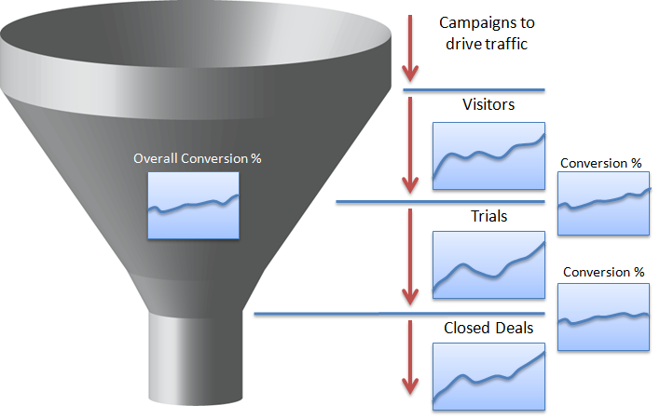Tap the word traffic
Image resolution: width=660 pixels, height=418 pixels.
[x=506, y=44]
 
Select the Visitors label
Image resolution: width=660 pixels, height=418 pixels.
[x=488, y=104]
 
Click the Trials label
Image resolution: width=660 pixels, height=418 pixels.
[x=488, y=216]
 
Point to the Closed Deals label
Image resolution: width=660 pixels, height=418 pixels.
[x=488, y=328]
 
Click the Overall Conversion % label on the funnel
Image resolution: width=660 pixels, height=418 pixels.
[x=198, y=158]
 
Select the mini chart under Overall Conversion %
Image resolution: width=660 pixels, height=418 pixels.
[x=194, y=206]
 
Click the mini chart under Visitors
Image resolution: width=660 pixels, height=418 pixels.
[x=488, y=156]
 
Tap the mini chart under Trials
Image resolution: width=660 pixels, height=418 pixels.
[x=488, y=265]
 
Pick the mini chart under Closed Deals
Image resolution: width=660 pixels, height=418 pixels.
[x=488, y=376]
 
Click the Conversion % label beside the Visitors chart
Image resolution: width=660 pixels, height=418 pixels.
[x=600, y=163]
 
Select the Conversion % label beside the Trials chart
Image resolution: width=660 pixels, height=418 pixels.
[x=603, y=272]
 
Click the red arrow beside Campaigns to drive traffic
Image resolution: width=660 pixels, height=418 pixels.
[x=410, y=48]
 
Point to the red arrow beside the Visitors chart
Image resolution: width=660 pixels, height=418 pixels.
[x=410, y=145]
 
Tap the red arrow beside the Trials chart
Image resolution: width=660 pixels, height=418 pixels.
[x=410, y=257]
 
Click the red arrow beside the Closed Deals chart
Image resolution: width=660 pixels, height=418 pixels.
[x=410, y=357]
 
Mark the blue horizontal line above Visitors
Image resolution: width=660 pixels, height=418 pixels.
[x=474, y=90]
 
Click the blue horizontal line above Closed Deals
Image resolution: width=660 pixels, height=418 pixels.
[x=400, y=314]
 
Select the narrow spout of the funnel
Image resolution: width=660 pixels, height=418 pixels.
[x=196, y=357]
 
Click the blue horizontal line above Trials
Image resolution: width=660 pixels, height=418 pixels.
[x=440, y=202]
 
